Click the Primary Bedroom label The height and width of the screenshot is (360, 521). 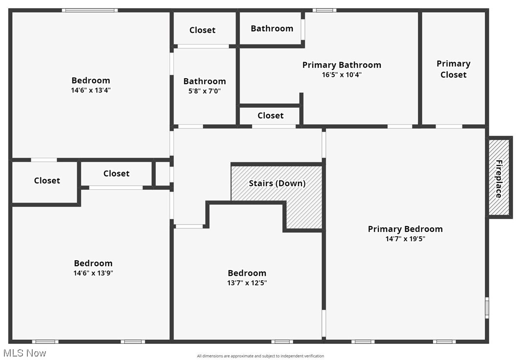tap(405, 229)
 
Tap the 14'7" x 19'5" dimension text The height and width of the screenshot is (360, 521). tap(405, 239)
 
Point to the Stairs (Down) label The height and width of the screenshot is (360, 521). tap(277, 183)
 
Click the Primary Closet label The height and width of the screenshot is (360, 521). tap(454, 69)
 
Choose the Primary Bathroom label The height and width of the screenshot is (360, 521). tap(342, 65)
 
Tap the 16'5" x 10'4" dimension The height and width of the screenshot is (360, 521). tap(342, 74)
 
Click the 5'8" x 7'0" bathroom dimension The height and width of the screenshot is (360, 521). tap(205, 91)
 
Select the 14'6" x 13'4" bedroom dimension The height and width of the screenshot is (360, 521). tap(91, 90)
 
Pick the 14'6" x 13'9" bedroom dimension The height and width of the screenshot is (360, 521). tap(93, 273)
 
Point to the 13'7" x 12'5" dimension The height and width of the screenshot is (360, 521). tap(247, 283)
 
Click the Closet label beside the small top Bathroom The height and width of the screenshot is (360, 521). tap(202, 30)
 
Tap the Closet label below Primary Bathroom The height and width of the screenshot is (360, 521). tap(270, 115)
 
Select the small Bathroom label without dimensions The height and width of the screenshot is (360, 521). tap(272, 28)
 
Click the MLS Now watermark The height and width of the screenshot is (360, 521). tap(24, 353)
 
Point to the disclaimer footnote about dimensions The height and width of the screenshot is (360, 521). tap(260, 356)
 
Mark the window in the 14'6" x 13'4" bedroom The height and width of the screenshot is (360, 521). tap(90, 10)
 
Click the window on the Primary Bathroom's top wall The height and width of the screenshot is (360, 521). tap(325, 10)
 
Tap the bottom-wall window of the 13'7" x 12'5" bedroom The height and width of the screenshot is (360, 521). tap(282, 342)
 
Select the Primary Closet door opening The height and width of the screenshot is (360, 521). tap(449, 127)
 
